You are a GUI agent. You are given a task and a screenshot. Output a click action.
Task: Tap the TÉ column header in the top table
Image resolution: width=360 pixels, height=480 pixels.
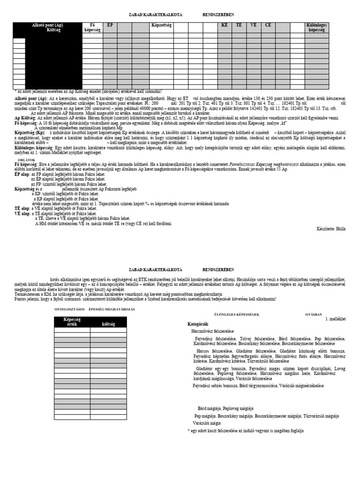tap(239, 25)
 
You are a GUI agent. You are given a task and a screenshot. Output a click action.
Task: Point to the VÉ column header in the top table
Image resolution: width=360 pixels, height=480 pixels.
tap(254, 25)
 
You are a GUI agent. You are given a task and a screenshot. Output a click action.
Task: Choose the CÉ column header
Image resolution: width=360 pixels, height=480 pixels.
tap(268, 25)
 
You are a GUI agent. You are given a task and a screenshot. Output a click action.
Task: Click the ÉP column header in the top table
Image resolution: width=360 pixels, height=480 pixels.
tap(110, 25)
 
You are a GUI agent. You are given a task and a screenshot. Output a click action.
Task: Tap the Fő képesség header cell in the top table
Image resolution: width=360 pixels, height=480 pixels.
tap(92, 27)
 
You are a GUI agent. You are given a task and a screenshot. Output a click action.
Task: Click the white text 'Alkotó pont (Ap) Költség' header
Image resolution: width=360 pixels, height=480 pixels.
tap(47, 27)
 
